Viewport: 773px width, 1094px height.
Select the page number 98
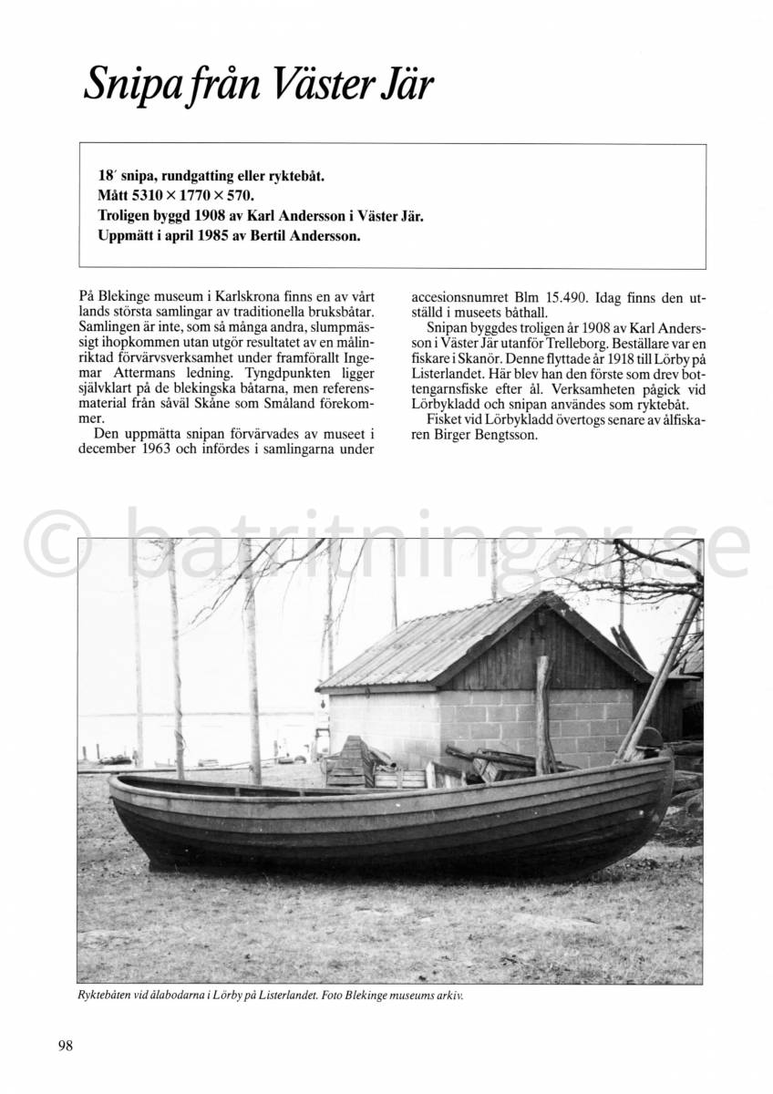[65, 1045]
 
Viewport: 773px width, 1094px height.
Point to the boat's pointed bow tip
[112, 781]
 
